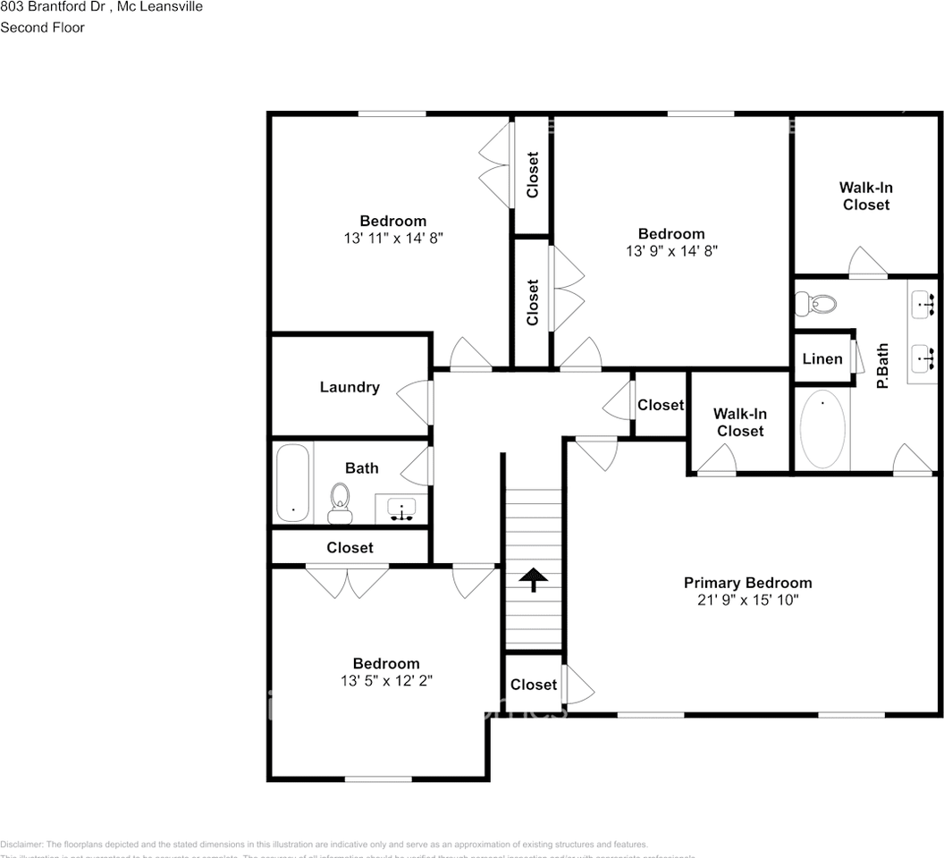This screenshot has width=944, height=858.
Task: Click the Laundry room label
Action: point(350,387)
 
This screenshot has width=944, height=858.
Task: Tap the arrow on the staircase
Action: point(533,580)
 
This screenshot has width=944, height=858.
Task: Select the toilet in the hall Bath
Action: point(340,502)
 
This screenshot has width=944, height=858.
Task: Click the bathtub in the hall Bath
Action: point(292,484)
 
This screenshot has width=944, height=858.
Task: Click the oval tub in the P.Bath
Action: point(822,429)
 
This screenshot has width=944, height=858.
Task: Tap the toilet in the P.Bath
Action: point(815,304)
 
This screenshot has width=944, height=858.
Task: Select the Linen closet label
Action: point(822,359)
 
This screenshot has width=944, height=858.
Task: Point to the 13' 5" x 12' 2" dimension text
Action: point(386,681)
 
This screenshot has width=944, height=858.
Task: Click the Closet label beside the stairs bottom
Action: point(534,685)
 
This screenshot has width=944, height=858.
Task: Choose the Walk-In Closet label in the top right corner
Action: point(865,196)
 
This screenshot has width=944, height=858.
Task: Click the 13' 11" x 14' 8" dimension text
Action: point(392,239)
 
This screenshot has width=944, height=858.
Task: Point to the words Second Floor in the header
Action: point(43,28)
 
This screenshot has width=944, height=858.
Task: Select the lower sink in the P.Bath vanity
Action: point(924,358)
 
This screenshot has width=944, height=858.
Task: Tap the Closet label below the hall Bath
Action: point(350,547)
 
